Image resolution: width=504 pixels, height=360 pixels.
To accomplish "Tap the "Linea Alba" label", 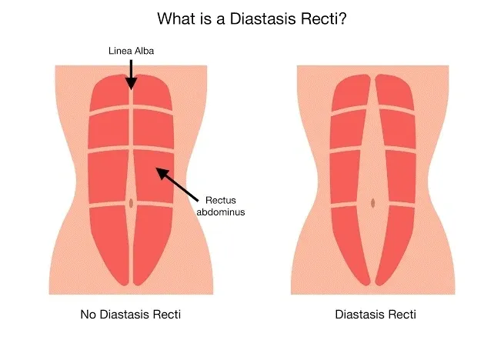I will [130, 52].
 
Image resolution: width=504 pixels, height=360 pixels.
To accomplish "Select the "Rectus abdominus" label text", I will [221, 206].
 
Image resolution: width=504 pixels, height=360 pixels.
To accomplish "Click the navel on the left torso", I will [132, 203].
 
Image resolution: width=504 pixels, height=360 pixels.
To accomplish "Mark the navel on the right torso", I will [373, 203].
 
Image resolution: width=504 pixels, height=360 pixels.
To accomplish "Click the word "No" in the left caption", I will [88, 315].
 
